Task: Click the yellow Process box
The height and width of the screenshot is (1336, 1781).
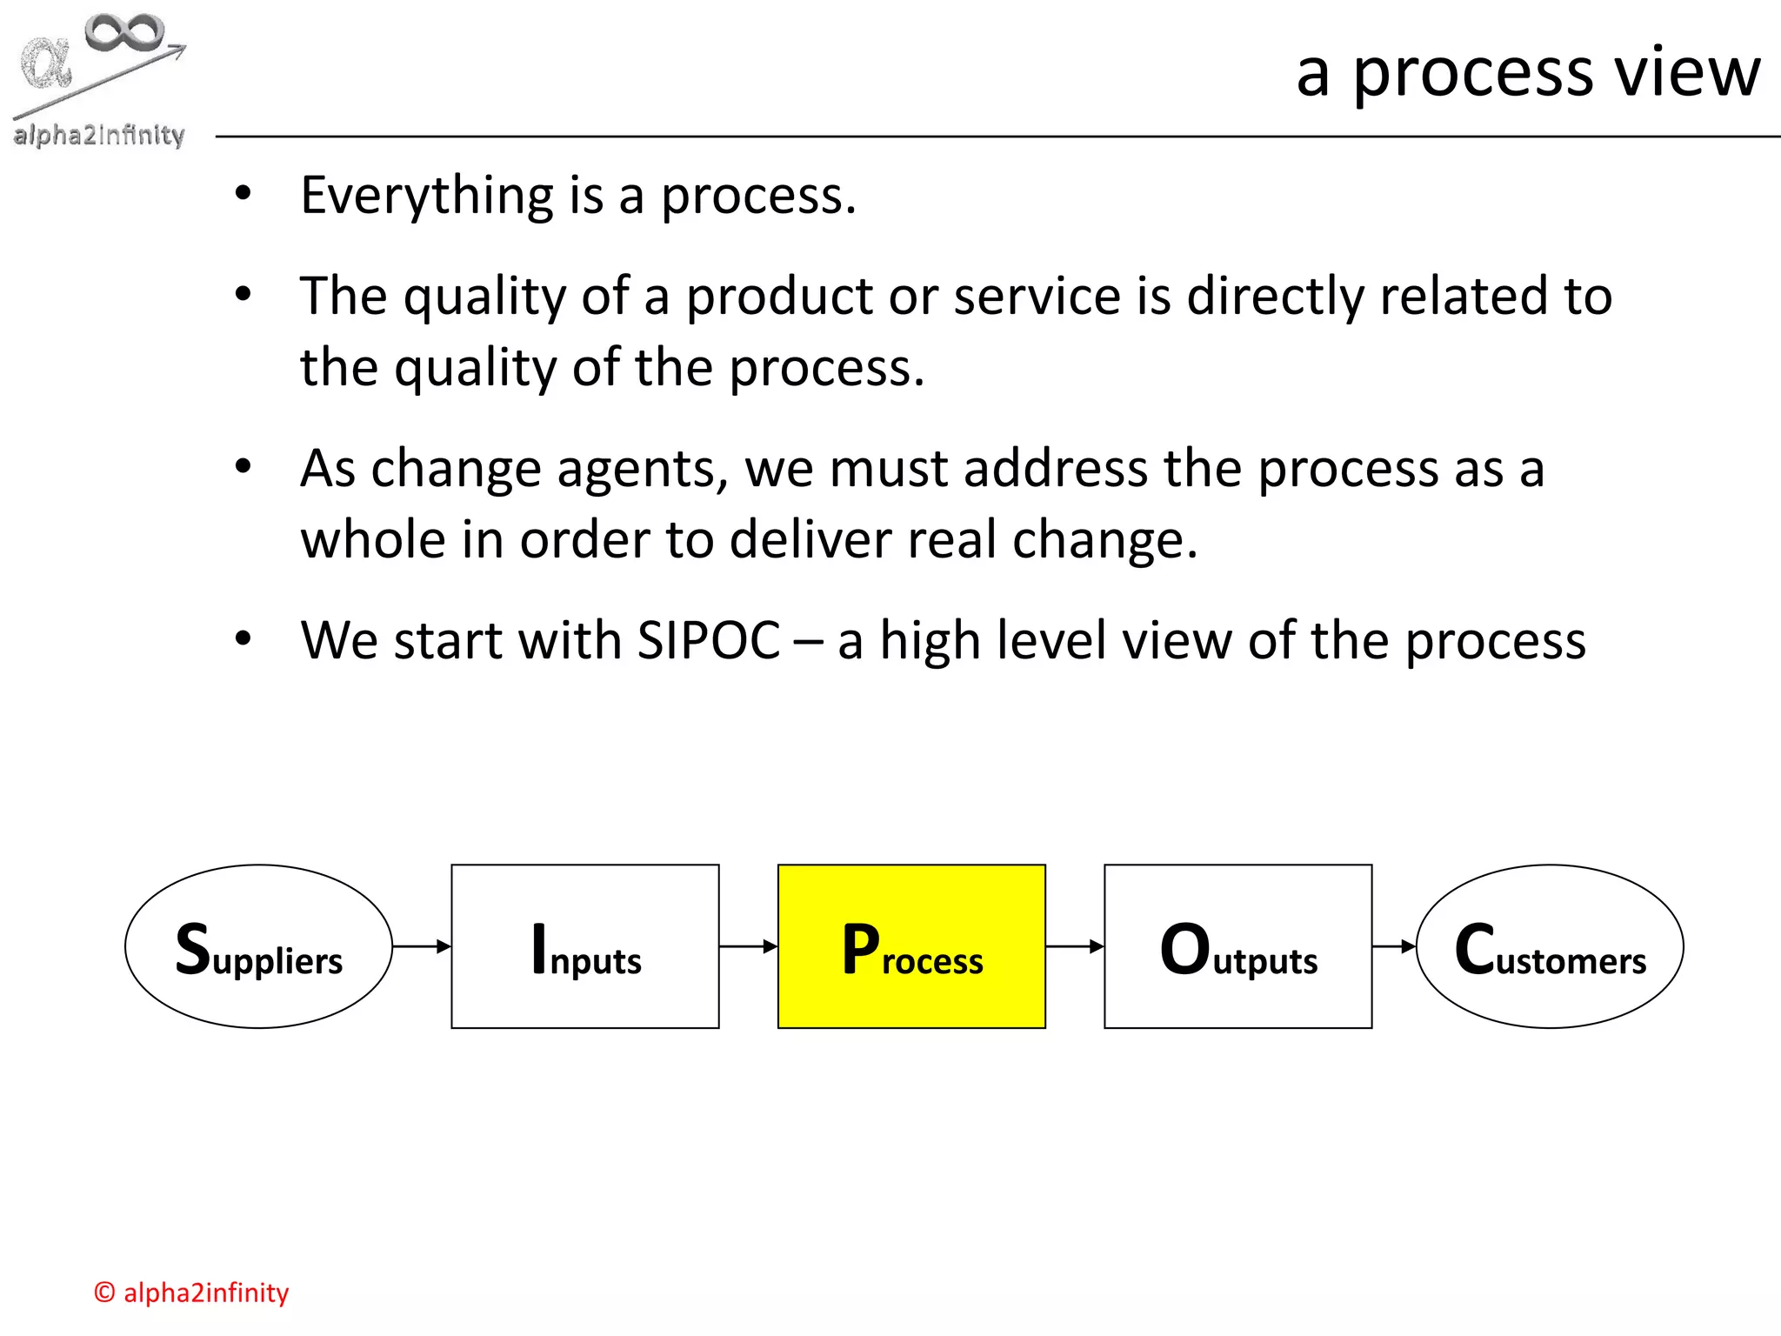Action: [x=911, y=946]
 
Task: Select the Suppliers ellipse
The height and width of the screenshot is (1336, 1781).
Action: [x=258, y=946]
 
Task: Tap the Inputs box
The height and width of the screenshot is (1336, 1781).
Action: [x=584, y=946]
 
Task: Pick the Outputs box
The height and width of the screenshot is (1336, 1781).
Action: [x=1237, y=946]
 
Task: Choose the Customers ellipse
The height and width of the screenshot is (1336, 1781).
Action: [x=1550, y=946]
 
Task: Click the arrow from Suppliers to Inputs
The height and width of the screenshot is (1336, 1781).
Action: [x=422, y=946]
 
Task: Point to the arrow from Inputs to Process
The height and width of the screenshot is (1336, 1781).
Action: [x=748, y=946]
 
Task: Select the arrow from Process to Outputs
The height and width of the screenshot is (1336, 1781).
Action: [x=1075, y=946]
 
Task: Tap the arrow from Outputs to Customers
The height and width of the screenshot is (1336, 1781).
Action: [x=1394, y=946]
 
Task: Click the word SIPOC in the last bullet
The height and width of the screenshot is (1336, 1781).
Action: [x=709, y=641]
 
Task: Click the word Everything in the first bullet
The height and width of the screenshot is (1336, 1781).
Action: [x=426, y=196]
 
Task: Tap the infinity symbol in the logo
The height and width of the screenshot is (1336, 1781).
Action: [x=124, y=33]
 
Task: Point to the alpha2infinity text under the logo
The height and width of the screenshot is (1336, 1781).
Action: [x=99, y=135]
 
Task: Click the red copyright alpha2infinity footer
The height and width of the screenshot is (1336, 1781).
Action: [x=191, y=1293]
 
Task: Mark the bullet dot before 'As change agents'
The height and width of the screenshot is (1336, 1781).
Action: [x=243, y=467]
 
